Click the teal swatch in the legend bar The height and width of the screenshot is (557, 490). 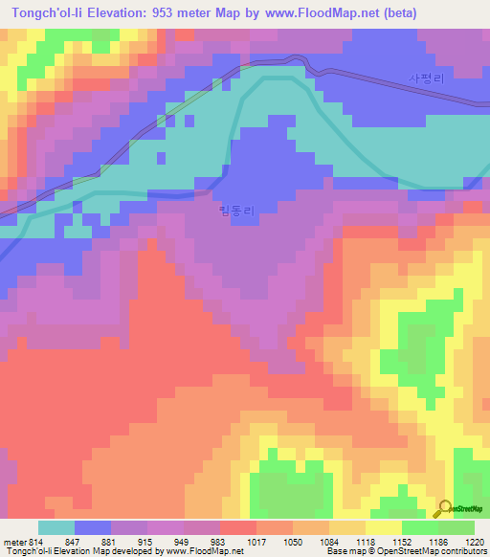(x=56, y=527)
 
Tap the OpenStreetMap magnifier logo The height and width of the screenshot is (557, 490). (x=446, y=507)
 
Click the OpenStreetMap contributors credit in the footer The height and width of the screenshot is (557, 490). (x=433, y=551)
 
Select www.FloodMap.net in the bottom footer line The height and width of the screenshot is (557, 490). (x=204, y=551)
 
